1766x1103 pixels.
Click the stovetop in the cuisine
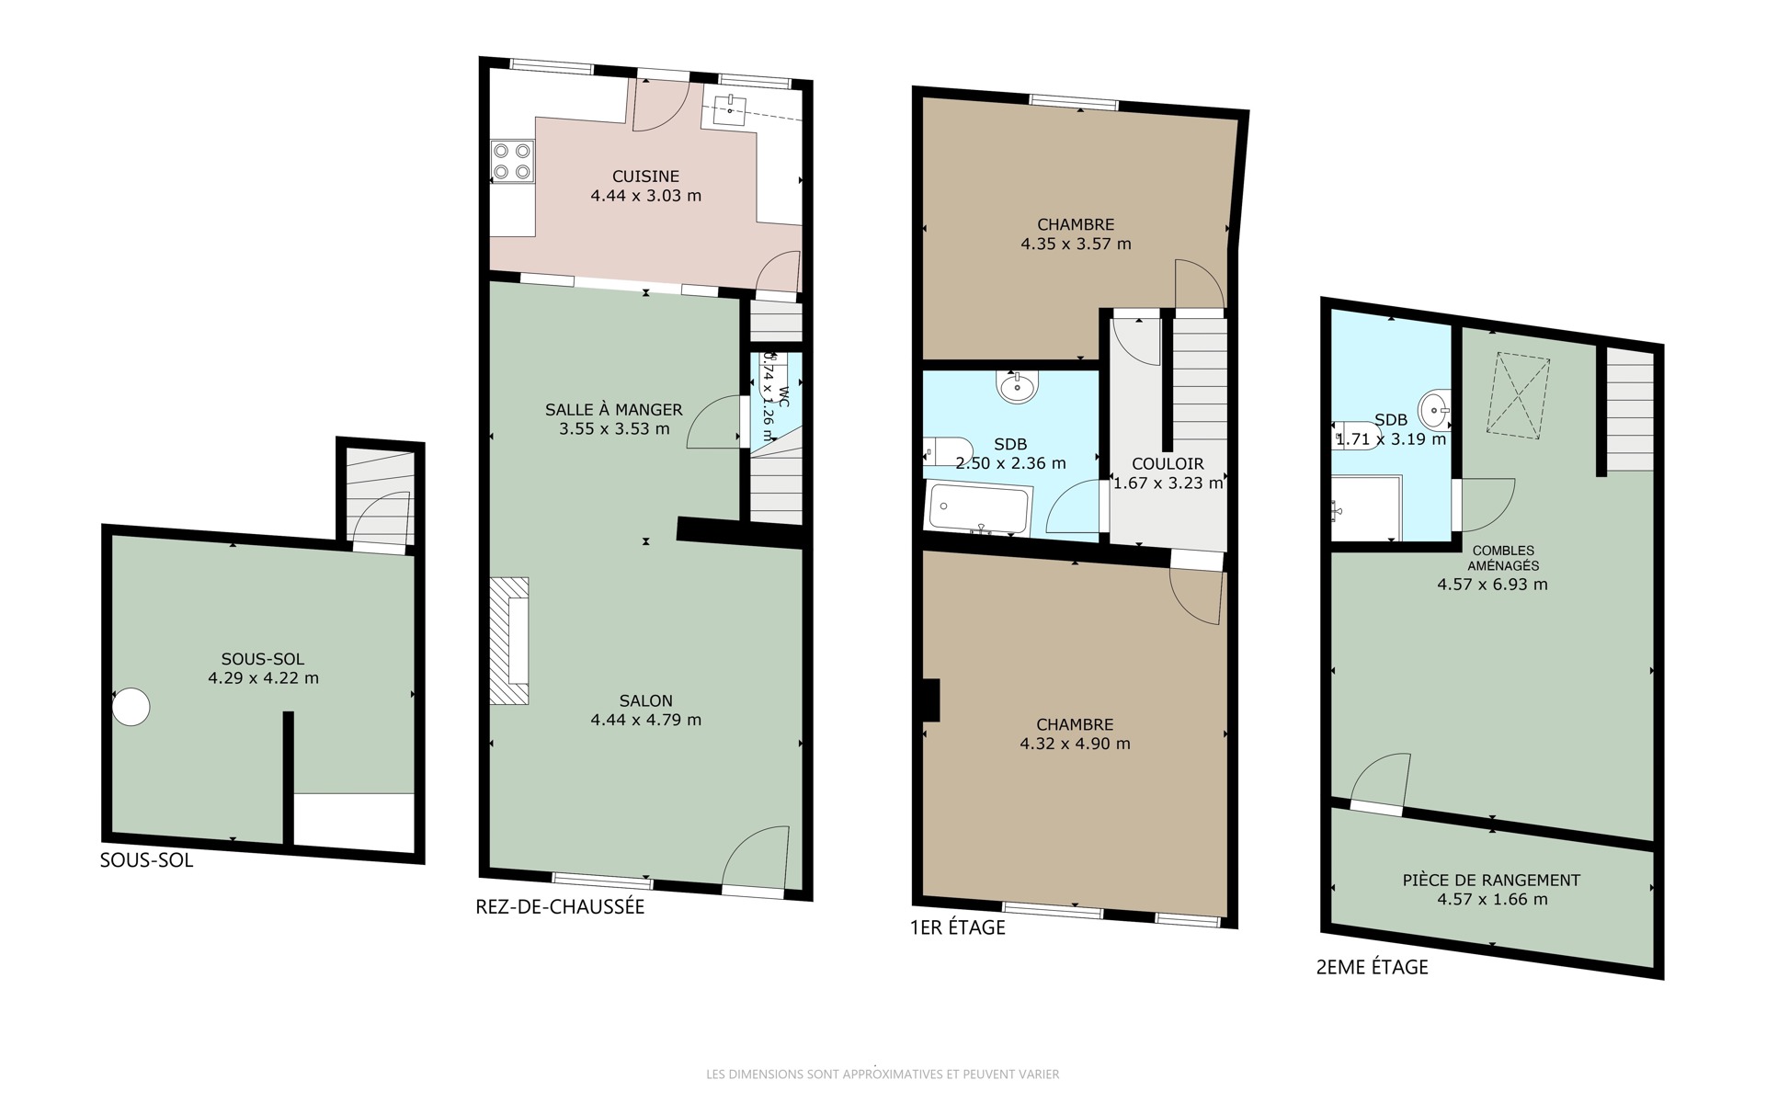click(x=512, y=160)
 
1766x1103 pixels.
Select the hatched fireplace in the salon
click(x=509, y=641)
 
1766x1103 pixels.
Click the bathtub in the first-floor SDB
click(x=979, y=509)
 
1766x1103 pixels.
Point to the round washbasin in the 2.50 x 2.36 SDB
click(x=1019, y=386)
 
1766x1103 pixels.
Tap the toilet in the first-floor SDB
click(x=947, y=451)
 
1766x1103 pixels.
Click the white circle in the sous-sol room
click(x=131, y=707)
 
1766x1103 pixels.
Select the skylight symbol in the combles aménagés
click(x=1520, y=393)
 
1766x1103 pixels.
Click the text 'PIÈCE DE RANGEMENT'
click(x=1491, y=880)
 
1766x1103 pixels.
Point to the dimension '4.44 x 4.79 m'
click(x=645, y=720)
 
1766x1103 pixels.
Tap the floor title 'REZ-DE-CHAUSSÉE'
click(x=560, y=907)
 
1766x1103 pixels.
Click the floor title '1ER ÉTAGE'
click(x=958, y=927)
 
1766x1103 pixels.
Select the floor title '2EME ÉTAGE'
click(x=1373, y=967)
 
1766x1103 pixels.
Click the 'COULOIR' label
click(x=1168, y=464)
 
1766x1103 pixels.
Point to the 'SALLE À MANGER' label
click(x=614, y=410)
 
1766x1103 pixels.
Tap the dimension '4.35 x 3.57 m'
click(x=1076, y=244)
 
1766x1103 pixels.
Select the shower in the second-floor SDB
click(x=1366, y=508)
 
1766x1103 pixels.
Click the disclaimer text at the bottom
click(x=883, y=1074)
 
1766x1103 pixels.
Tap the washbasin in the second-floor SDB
click(x=1434, y=408)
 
